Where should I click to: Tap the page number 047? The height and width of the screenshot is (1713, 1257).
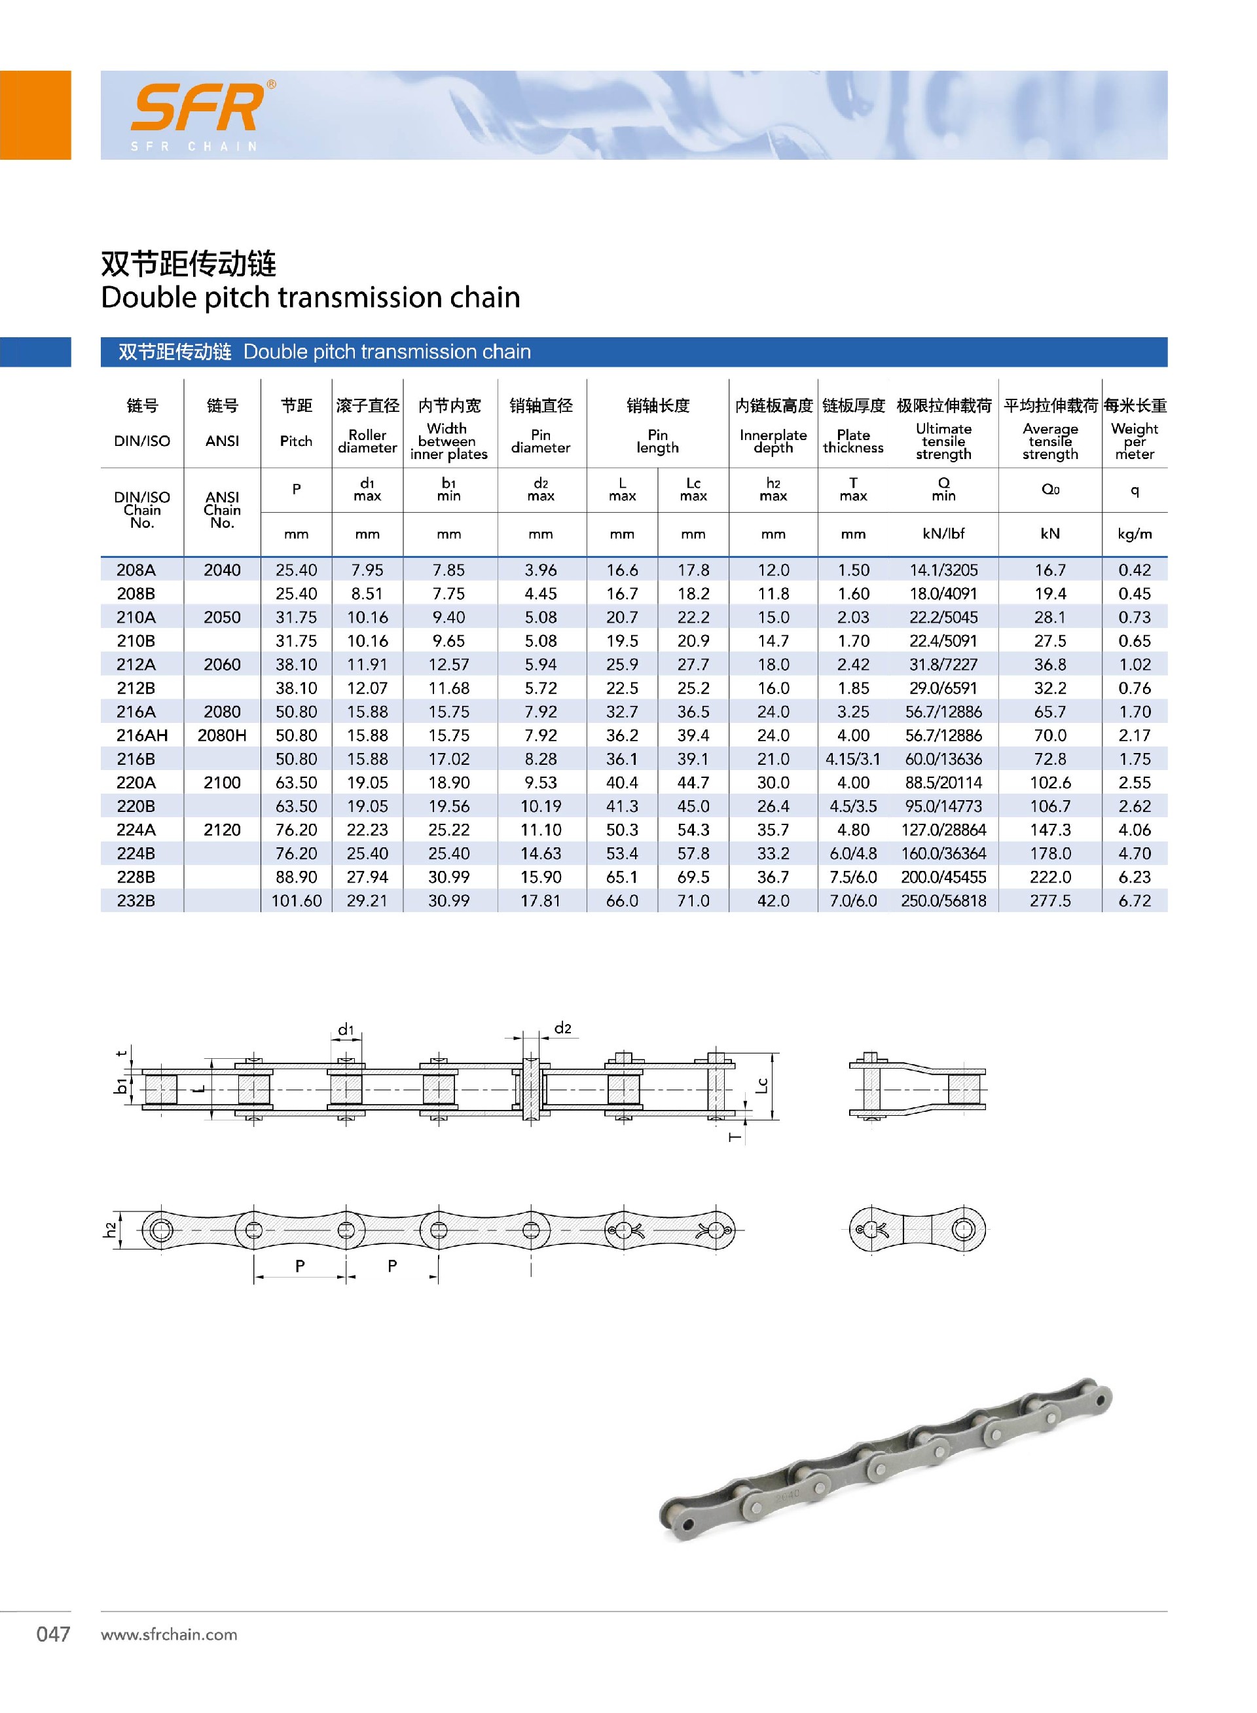(53, 1634)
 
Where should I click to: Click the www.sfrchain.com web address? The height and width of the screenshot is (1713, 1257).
(169, 1634)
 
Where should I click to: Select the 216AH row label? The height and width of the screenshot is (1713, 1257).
(141, 735)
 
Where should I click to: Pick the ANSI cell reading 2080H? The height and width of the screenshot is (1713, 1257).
(221, 735)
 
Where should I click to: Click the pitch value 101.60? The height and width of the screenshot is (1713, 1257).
(296, 900)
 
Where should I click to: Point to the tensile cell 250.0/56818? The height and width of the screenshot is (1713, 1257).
(943, 900)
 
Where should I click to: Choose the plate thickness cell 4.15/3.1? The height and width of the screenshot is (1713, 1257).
(853, 759)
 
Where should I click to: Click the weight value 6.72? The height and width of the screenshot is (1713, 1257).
(1134, 900)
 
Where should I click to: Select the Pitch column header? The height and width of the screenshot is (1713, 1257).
(296, 441)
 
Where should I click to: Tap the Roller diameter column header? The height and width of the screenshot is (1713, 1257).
(367, 441)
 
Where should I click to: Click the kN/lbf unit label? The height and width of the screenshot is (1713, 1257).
(943, 534)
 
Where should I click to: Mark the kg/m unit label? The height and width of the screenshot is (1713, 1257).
(1134, 534)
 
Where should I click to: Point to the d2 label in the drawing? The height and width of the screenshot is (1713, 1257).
(562, 1028)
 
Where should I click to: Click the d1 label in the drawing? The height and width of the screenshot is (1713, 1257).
(346, 1029)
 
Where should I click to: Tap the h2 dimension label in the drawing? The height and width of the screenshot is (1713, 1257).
(111, 1229)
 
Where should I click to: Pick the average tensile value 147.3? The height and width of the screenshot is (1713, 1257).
(1049, 830)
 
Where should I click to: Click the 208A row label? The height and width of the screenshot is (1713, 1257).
(136, 570)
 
